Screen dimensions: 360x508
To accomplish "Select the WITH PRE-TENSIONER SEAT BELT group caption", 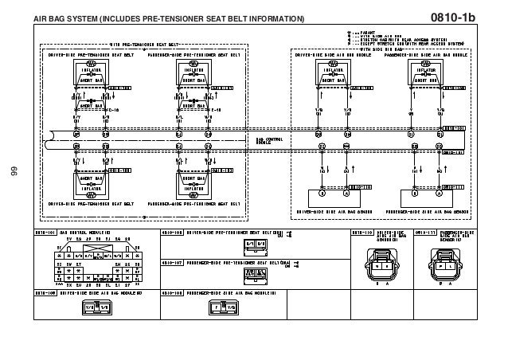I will click(x=143, y=45).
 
